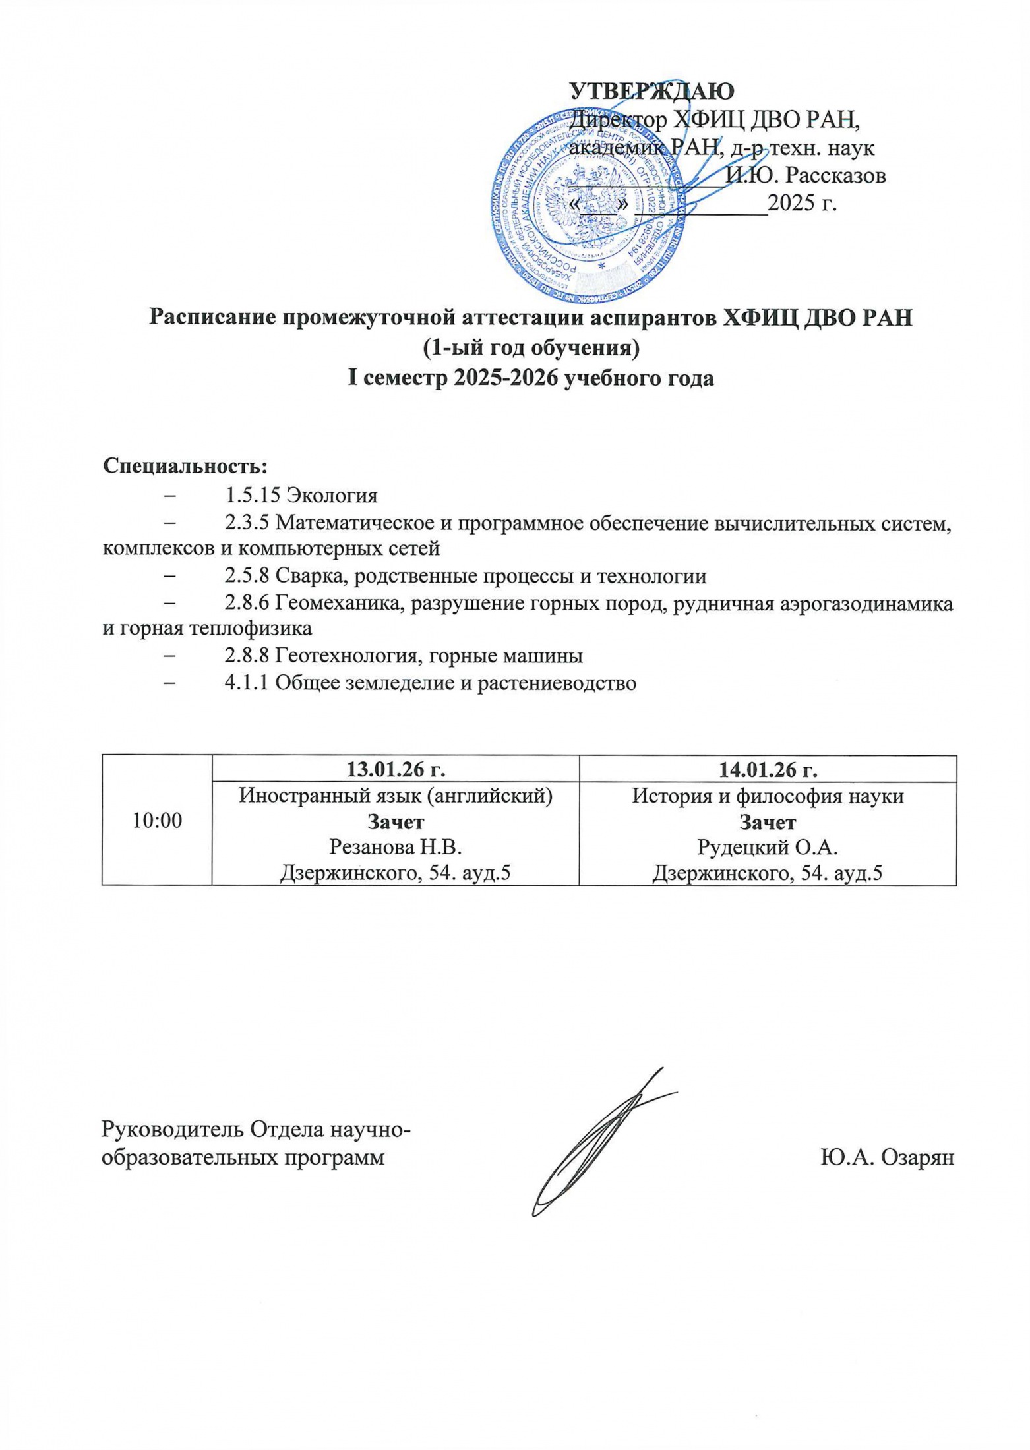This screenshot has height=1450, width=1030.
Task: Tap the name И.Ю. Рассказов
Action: coord(805,175)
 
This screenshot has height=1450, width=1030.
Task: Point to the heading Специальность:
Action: coord(185,466)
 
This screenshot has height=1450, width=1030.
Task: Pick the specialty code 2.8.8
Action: coord(246,656)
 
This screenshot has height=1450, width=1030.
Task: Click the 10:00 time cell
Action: coord(158,820)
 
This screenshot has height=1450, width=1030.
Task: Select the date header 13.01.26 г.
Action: coord(395,768)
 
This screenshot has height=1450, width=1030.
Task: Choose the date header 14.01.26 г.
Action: coord(768,768)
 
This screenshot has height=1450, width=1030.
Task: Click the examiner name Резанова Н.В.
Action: coord(395,847)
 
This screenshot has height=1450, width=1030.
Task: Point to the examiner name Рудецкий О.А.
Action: coord(768,847)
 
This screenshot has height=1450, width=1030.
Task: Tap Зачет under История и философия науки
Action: coord(768,822)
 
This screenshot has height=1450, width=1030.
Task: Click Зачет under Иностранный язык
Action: coord(395,822)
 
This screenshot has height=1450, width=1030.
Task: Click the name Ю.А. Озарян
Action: coord(887,1158)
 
